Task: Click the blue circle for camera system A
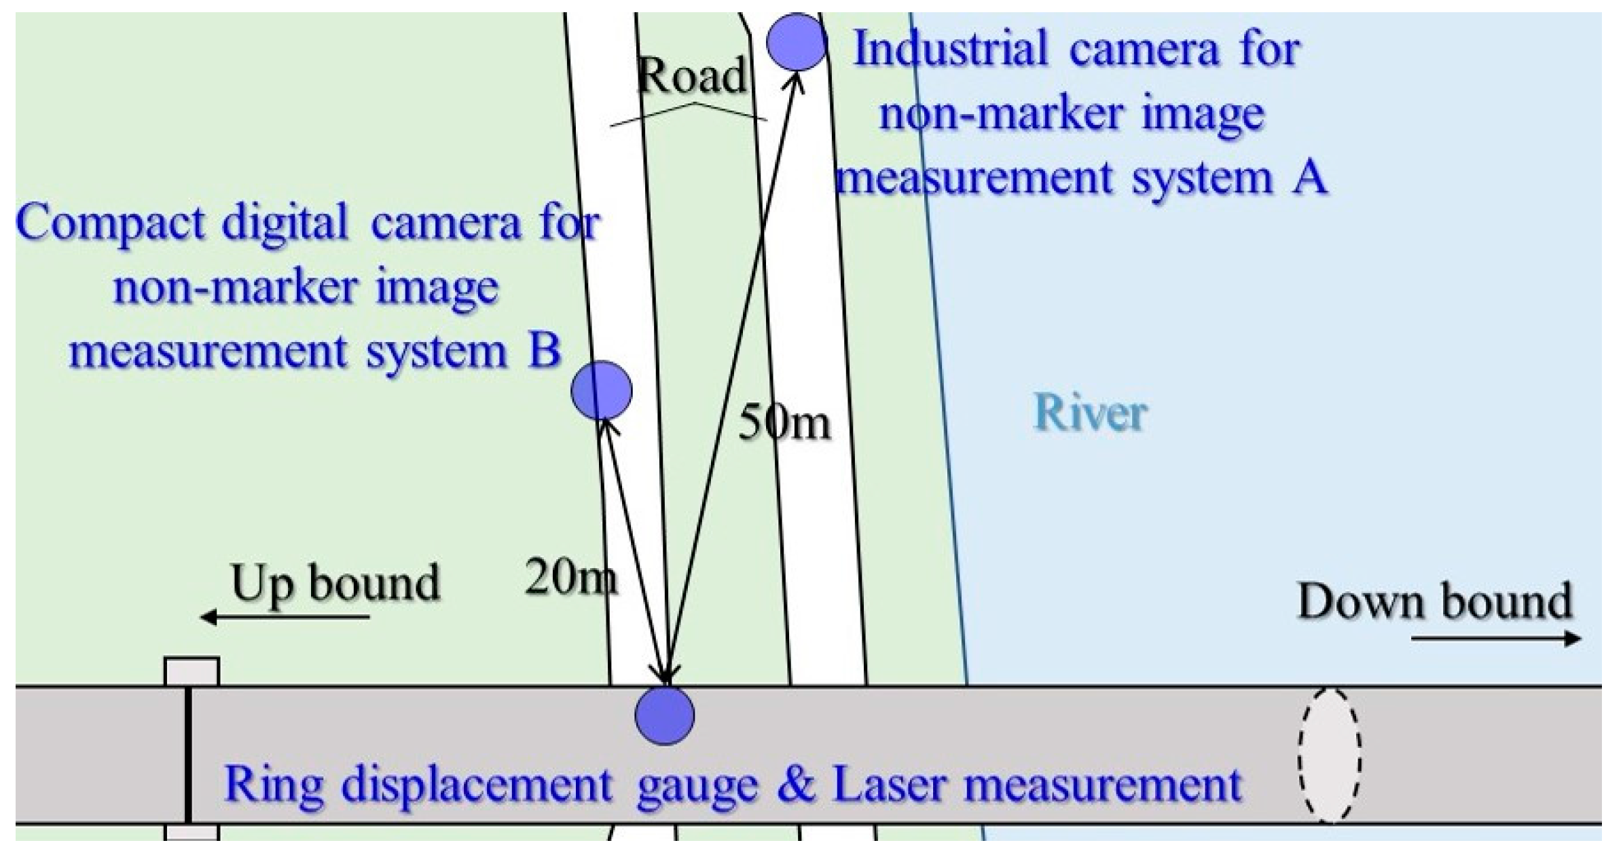click(796, 42)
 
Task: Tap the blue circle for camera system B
click(601, 390)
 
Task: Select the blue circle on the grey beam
click(665, 715)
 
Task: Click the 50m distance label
click(784, 423)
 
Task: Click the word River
click(1090, 413)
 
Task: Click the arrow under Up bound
click(285, 617)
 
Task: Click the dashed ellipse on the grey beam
click(1330, 755)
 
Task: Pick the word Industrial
click(950, 49)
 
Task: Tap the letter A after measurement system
click(1309, 178)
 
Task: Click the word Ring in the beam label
click(273, 785)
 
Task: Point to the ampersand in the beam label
click(796, 785)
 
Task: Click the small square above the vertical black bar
click(192, 671)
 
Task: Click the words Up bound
click(335, 582)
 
